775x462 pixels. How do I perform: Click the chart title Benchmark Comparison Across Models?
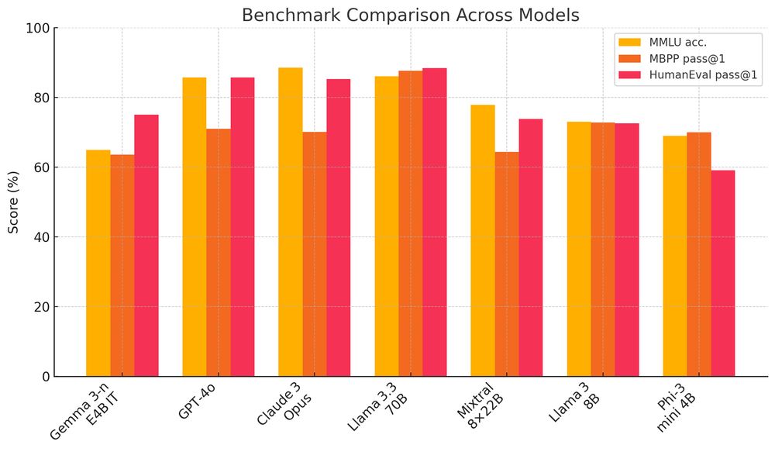pyautogui.click(x=410, y=16)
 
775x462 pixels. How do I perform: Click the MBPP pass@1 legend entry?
pyautogui.click(x=686, y=58)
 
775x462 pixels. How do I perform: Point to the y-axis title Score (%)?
pyautogui.click(x=14, y=202)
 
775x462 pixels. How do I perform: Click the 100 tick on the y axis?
pyautogui.click(x=39, y=29)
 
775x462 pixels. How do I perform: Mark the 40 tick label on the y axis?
pyautogui.click(x=42, y=237)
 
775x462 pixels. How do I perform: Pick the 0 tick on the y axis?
pyautogui.click(x=46, y=377)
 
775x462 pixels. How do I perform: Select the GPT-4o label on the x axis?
pyautogui.click(x=197, y=402)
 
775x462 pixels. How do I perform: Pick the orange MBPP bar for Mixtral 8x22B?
pyautogui.click(x=507, y=264)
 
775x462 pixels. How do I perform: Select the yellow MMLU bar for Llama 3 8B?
pyautogui.click(x=579, y=249)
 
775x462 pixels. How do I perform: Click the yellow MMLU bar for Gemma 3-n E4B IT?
pyautogui.click(x=98, y=264)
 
